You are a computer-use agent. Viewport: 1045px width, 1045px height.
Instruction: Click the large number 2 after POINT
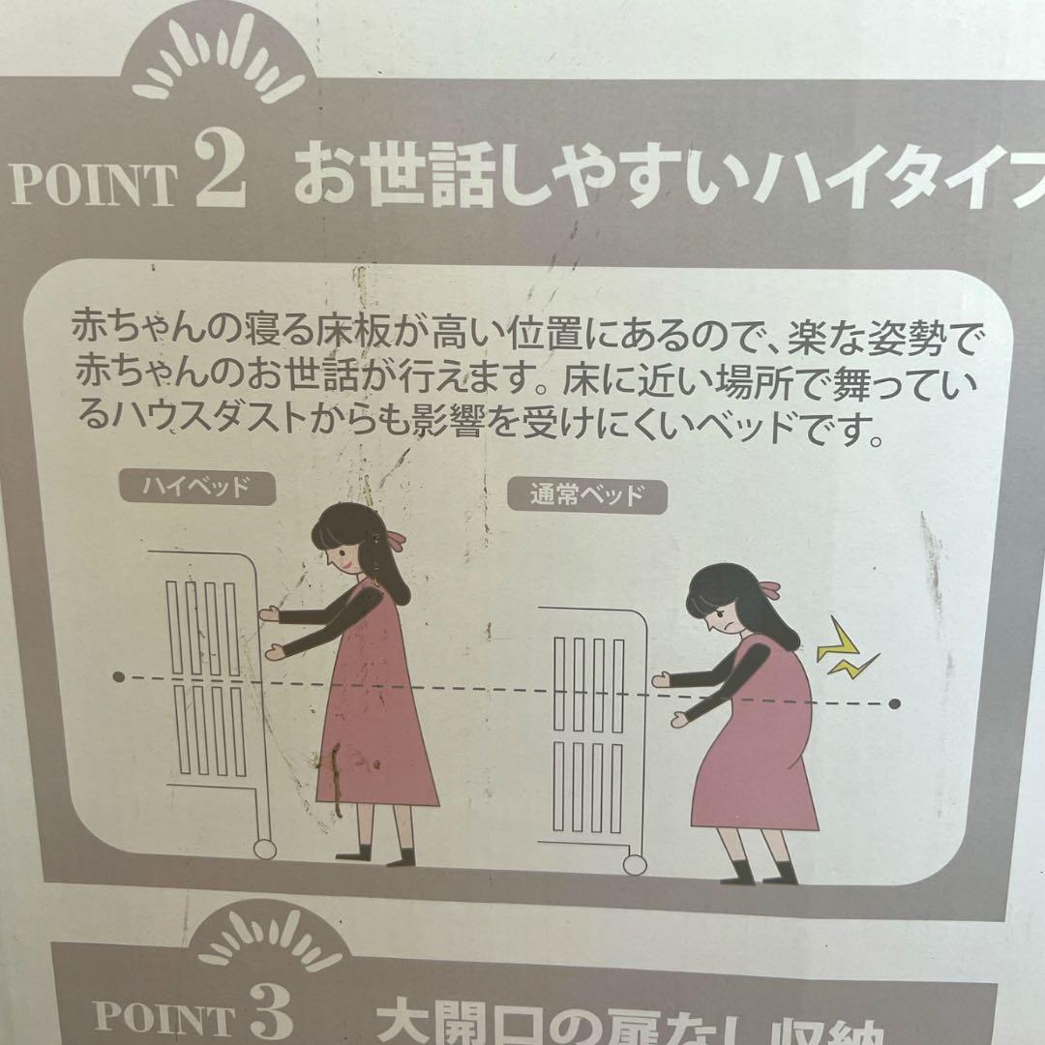(221, 170)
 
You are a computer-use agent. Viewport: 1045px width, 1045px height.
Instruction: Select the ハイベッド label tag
(196, 487)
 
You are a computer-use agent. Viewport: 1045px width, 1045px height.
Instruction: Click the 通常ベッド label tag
(587, 495)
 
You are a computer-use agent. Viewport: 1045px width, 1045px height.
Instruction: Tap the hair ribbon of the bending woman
(770, 587)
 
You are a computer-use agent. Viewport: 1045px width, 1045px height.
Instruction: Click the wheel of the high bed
(263, 849)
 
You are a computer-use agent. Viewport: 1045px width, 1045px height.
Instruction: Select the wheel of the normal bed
(635, 863)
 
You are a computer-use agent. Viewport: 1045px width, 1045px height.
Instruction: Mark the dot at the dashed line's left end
(118, 676)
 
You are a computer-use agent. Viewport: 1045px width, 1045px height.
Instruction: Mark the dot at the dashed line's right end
(894, 703)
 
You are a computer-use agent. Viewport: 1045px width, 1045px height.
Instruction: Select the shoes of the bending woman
(759, 874)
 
